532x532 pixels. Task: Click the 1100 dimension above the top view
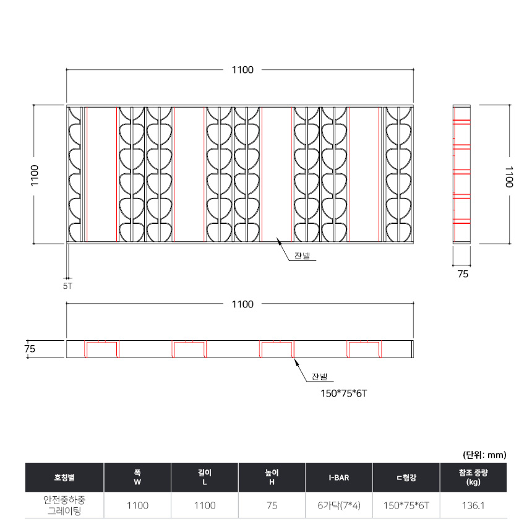coord(242,70)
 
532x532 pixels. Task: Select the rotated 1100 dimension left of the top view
coord(35,176)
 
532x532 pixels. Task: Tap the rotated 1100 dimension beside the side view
coord(508,177)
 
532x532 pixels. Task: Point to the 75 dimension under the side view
coord(463,274)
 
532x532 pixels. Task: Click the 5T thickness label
coord(67,286)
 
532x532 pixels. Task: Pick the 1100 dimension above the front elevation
coord(242,304)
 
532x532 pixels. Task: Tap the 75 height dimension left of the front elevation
coord(30,349)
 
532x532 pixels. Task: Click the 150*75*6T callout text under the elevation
coord(344,393)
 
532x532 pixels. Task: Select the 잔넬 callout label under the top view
coord(302,256)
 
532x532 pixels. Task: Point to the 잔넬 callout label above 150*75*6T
coord(320,377)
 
